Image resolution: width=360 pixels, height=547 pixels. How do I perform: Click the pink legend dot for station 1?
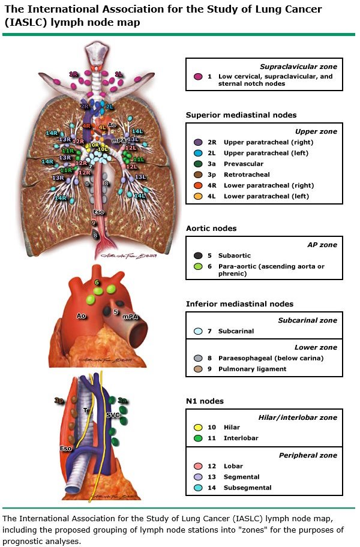197,77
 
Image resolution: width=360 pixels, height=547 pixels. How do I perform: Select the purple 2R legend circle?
197,143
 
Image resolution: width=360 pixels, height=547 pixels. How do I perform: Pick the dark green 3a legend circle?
197,164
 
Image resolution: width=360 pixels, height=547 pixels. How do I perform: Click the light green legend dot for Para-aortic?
197,266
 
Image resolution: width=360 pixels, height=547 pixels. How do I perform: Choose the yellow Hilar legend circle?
197,428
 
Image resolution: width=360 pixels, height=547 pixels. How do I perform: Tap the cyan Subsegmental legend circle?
197,488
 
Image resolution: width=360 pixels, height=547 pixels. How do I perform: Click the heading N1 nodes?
205,401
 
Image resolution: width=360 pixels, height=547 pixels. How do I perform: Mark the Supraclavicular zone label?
299,67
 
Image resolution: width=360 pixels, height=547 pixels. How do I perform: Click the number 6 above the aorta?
97,282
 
